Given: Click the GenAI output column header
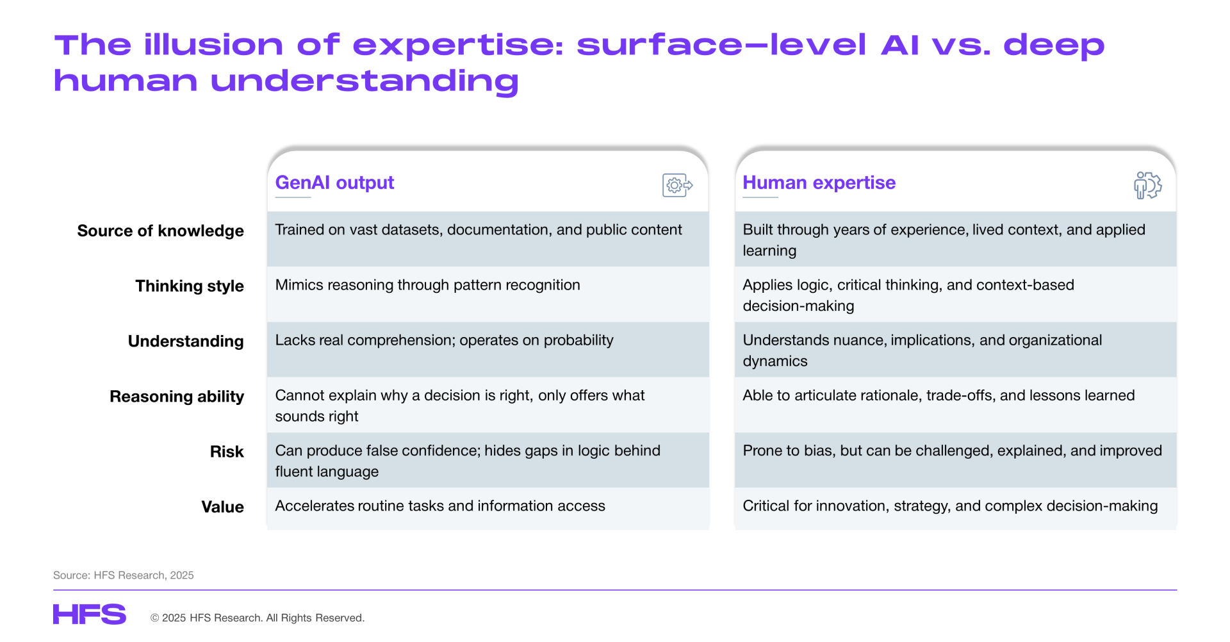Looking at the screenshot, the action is [x=334, y=183].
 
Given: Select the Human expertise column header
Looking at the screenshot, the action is [x=819, y=183].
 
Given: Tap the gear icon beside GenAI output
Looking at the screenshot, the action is [x=677, y=185].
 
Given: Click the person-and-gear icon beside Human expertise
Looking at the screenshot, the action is [x=1147, y=185].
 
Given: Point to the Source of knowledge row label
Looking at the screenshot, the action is [x=160, y=231].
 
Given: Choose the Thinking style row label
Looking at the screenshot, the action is [x=190, y=286].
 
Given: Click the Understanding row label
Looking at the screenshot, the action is [x=186, y=341].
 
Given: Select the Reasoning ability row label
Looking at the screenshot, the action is [x=177, y=397].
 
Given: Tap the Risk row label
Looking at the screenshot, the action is [x=227, y=452].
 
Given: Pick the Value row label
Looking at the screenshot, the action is [x=222, y=507].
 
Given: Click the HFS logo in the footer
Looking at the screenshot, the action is [x=90, y=614].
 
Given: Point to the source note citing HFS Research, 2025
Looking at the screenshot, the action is [x=124, y=575].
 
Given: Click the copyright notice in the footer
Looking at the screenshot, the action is [x=258, y=618].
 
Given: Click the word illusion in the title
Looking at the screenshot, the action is [x=213, y=45].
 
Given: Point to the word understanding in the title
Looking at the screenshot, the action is [x=365, y=81].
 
